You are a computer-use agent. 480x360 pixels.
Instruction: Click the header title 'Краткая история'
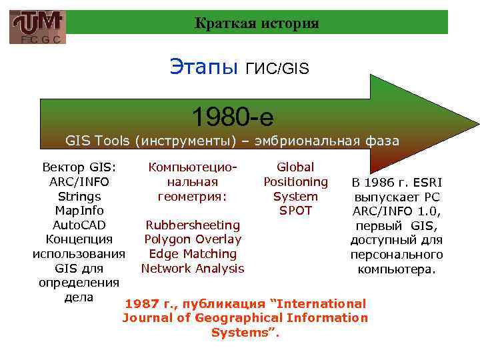click(x=257, y=23)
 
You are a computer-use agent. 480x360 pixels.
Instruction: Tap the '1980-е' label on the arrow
click(x=233, y=117)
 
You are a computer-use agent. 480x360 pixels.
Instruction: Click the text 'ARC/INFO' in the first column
click(x=79, y=181)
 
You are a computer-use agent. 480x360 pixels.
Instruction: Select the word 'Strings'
click(x=79, y=197)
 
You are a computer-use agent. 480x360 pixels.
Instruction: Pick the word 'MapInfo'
click(x=79, y=211)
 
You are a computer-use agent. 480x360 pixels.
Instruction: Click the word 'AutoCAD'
click(x=79, y=225)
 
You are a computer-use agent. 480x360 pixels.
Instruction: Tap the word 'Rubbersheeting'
click(x=193, y=225)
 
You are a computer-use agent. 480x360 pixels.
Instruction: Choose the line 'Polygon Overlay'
click(x=193, y=239)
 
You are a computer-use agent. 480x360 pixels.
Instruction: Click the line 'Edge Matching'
click(x=193, y=254)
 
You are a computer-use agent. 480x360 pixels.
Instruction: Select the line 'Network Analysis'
click(x=193, y=269)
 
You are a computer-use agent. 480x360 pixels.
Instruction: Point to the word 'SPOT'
click(x=295, y=211)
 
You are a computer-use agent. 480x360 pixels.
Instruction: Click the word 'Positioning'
click(x=295, y=181)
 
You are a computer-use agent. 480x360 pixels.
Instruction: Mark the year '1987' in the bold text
click(x=141, y=303)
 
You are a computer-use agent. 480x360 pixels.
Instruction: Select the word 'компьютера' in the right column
click(x=396, y=269)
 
